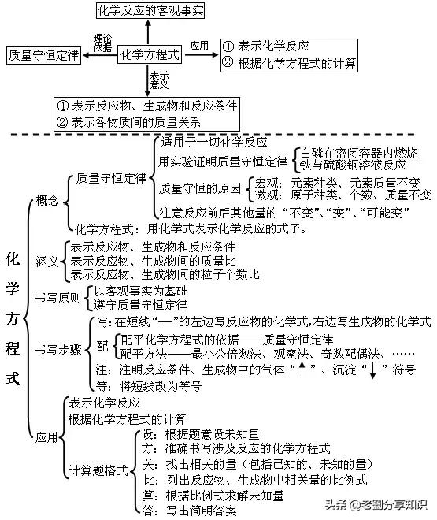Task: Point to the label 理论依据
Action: coord(103,43)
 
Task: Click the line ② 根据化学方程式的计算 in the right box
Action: coord(289,62)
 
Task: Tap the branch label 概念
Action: coord(47,202)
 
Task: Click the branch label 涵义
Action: coord(47,261)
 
